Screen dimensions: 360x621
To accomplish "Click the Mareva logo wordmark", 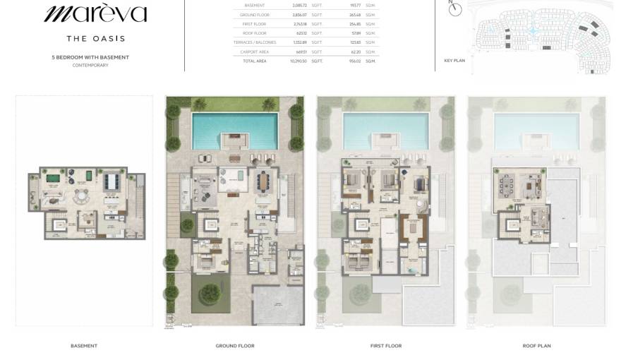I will point(95,13).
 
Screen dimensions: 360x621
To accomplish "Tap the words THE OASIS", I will point(95,39).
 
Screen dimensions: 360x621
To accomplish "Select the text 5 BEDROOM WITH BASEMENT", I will point(90,57).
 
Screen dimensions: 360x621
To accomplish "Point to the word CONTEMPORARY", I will point(90,65).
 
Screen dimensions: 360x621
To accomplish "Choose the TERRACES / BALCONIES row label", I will point(251,42).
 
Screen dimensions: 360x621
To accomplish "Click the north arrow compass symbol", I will point(456,9).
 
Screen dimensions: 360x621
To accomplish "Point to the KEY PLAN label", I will point(454,61).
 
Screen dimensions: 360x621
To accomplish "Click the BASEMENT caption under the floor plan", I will point(84,346).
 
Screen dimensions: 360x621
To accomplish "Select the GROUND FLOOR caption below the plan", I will point(235,346).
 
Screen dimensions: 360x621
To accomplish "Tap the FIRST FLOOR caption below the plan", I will point(386,346).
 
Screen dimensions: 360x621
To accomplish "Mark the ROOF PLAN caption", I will point(537,346).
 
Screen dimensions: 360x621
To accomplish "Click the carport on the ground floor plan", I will point(277,304).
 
